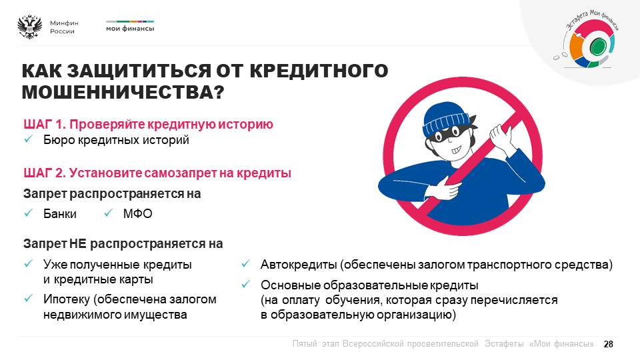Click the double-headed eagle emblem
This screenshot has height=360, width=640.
click(29, 27)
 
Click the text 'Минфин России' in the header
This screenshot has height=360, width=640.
click(64, 27)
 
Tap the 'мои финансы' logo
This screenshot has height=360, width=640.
click(130, 26)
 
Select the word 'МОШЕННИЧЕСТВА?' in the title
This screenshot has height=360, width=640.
click(123, 92)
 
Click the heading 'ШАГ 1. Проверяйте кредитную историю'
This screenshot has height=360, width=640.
click(148, 124)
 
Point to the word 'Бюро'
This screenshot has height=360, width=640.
click(59, 140)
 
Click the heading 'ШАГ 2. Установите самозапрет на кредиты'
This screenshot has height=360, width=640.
click(157, 173)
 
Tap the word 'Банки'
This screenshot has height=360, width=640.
click(60, 213)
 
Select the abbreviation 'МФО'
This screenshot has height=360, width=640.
click(137, 213)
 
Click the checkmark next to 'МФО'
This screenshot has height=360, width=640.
click(108, 213)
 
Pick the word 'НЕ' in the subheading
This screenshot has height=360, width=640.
click(78, 244)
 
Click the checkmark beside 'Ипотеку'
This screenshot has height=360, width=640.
click(28, 299)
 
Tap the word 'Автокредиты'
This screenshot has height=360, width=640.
click(299, 265)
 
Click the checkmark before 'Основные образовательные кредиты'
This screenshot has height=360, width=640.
click(245, 284)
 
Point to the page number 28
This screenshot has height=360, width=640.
click(608, 344)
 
